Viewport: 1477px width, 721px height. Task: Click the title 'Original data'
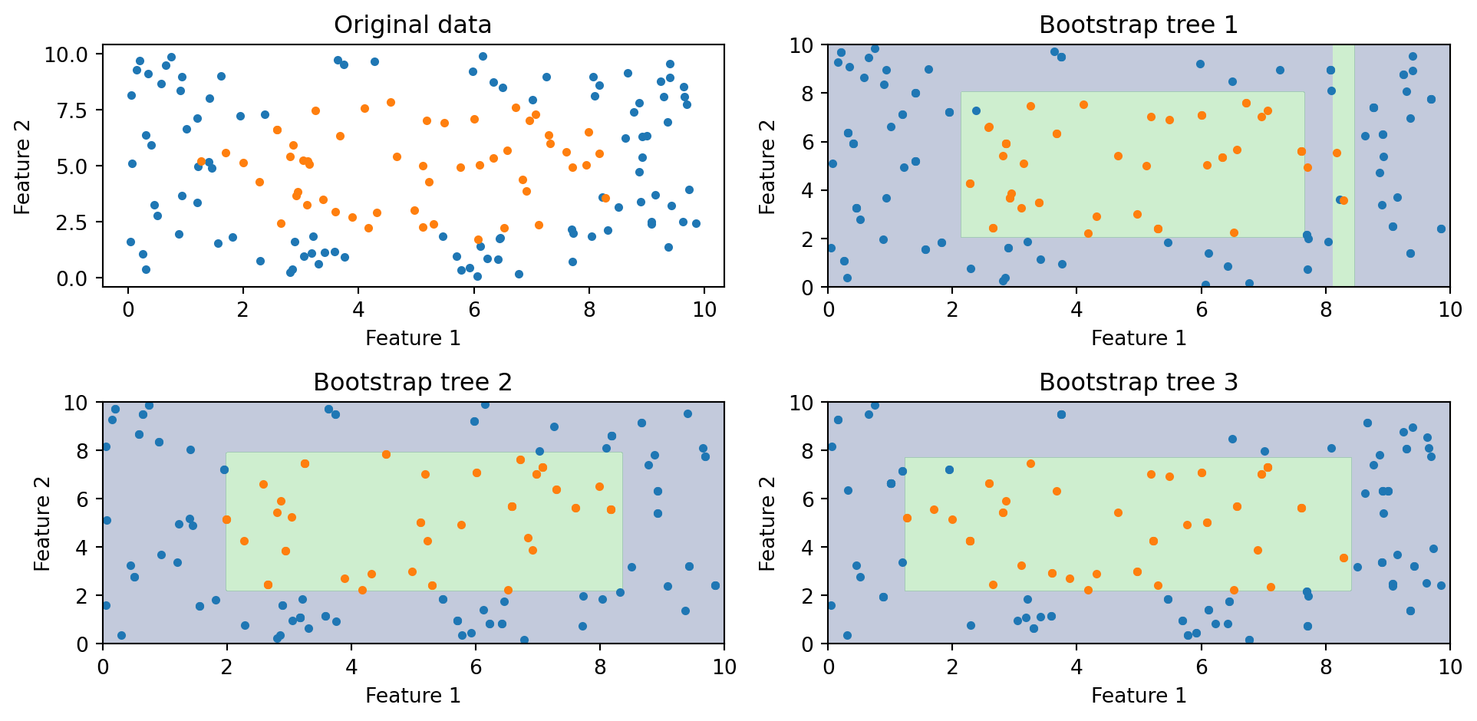click(x=412, y=25)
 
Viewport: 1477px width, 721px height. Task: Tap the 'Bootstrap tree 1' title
click(x=1138, y=25)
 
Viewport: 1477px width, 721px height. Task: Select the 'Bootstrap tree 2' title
click(x=412, y=382)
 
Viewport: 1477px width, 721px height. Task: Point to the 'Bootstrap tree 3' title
click(x=1138, y=382)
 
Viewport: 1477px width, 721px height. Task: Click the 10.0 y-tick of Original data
click(x=68, y=54)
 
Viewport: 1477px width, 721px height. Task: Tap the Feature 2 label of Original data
click(x=22, y=166)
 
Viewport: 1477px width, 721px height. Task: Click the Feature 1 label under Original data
click(x=412, y=338)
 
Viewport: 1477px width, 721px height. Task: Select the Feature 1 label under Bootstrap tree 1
click(x=1138, y=338)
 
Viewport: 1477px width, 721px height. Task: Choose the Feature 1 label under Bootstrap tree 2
click(x=412, y=696)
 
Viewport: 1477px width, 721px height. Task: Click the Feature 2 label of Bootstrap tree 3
click(x=767, y=523)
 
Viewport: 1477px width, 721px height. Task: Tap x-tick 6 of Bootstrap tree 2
click(x=476, y=667)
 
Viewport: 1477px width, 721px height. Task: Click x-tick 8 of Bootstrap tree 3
click(x=1325, y=667)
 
